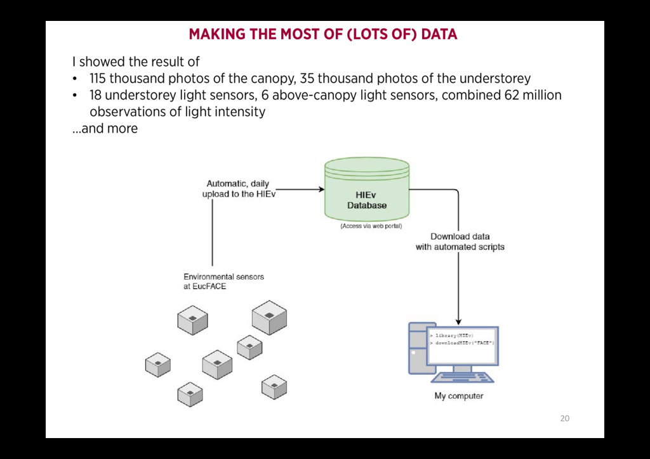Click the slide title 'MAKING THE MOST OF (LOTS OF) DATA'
pos(322,34)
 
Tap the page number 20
pos(564,418)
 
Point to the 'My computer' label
pos(458,396)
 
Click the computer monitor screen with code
pos(462,346)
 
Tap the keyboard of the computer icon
pos(463,377)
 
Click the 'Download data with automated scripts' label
pos(460,242)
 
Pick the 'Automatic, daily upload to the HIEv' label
pos(238,189)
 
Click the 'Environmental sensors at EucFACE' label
pos(223,281)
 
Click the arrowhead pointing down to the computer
pos(458,321)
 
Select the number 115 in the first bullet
pos(98,79)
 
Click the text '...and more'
pos(105,129)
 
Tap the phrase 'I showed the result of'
pos(136,62)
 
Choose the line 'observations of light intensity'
pos(177,112)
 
